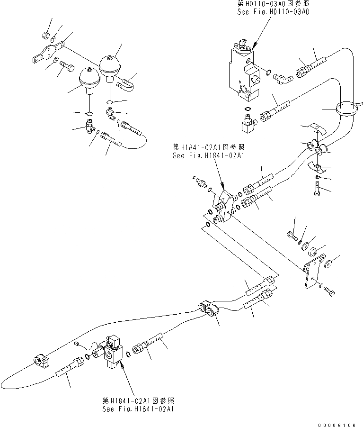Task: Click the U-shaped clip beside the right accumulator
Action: click(x=127, y=83)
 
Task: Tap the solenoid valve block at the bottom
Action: click(x=113, y=352)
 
